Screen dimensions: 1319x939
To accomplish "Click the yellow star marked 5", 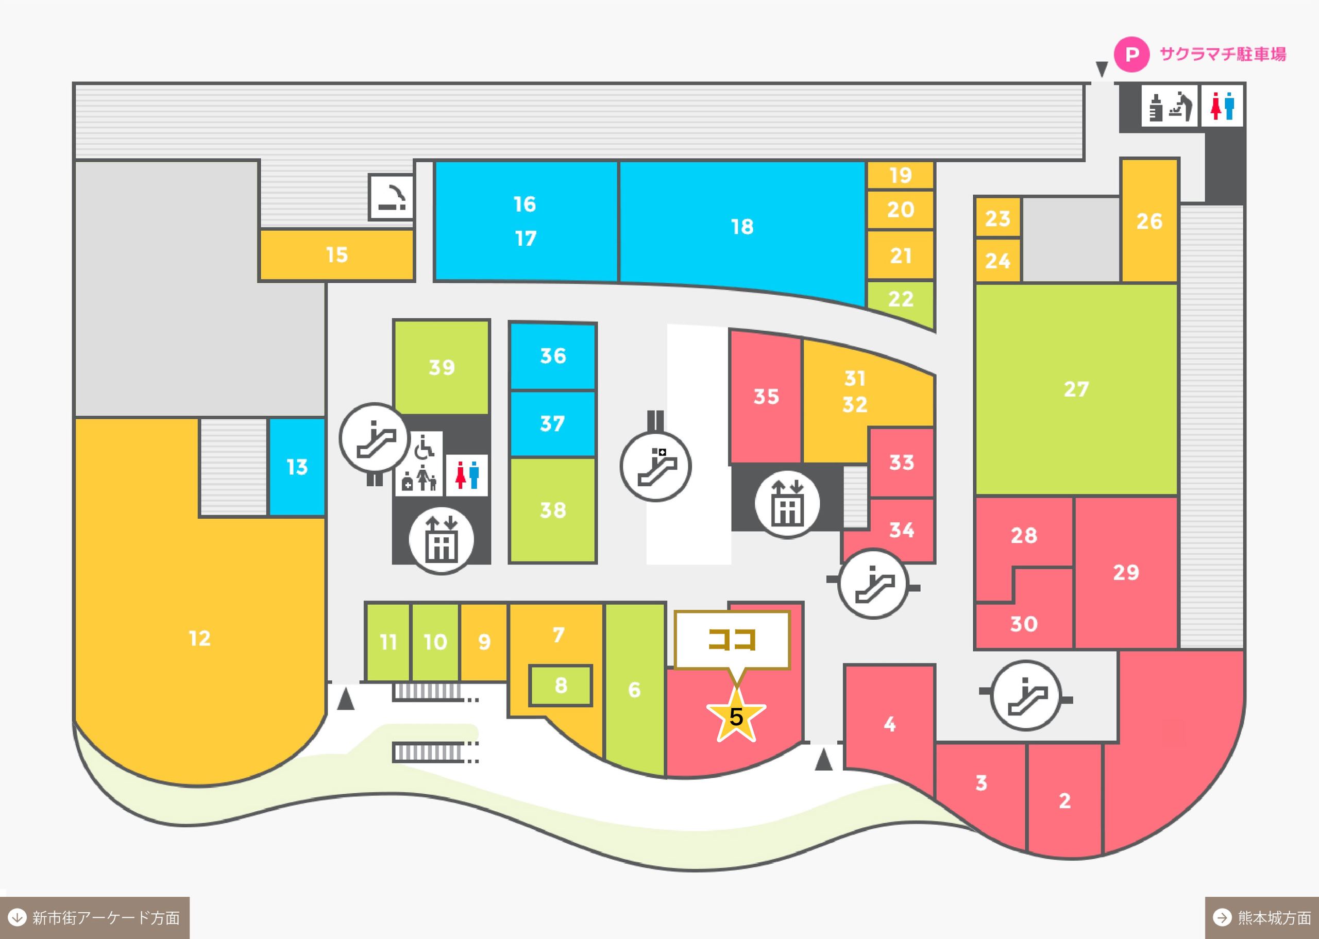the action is coord(736,716).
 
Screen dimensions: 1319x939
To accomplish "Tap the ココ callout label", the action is coord(732,640).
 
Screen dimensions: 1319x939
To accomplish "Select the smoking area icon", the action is coord(392,197).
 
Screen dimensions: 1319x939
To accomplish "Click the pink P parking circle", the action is coord(1131,55).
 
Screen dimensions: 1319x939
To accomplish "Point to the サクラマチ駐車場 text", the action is coord(1223,55).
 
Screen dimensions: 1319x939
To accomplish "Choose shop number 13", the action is coord(297,466).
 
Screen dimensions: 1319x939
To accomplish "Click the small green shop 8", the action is coord(561,685).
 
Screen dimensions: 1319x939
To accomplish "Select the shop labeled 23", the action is coord(997,218).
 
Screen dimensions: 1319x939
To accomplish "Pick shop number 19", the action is coord(900,175).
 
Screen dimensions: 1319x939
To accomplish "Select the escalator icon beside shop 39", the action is coord(375,438).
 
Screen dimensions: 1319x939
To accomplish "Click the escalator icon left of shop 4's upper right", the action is coord(1025,695).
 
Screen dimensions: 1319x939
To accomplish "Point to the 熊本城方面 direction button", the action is coord(1261,917).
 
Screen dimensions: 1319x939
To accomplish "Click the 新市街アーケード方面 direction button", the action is coord(95,917).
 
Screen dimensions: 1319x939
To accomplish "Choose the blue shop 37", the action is coord(552,424).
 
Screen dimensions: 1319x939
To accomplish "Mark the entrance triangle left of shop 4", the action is coord(823,760).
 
